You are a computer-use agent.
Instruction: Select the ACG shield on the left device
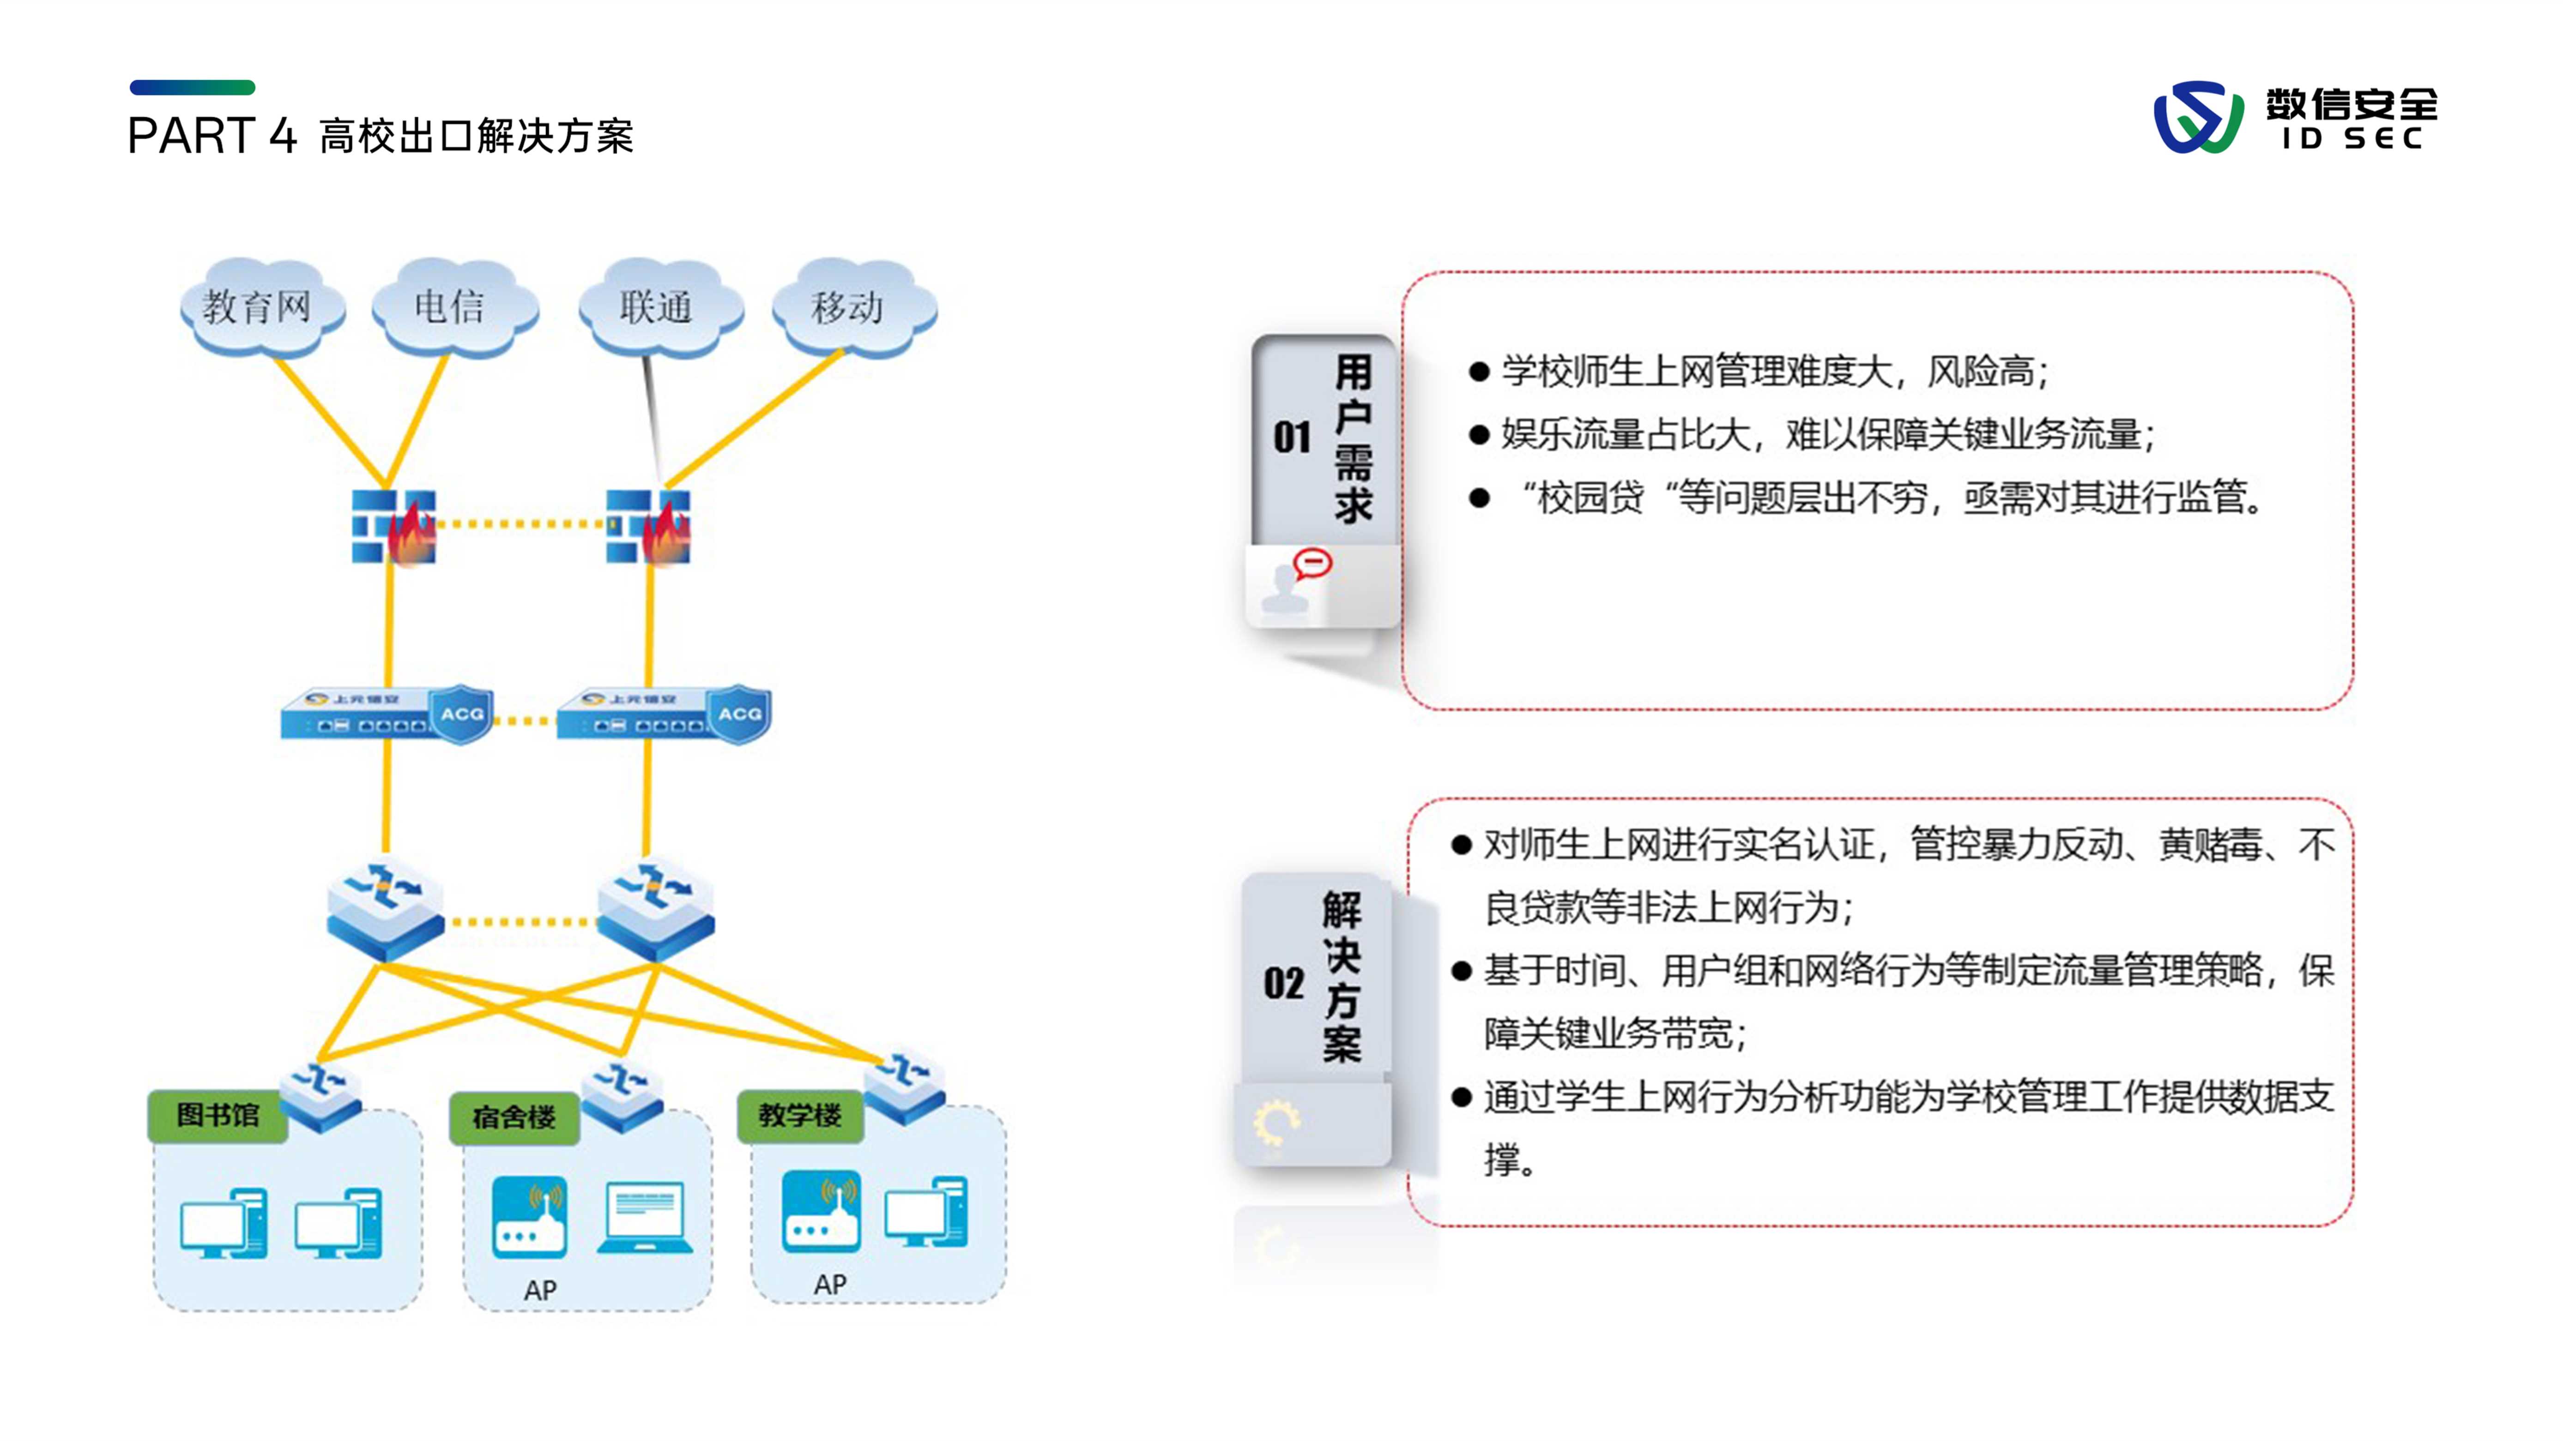pos(463,713)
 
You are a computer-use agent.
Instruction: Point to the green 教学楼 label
pos(800,1115)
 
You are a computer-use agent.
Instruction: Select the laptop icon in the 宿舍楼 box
pos(645,1217)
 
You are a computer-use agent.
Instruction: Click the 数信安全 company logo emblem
pos(2198,117)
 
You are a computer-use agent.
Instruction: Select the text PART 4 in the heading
pos(212,136)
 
